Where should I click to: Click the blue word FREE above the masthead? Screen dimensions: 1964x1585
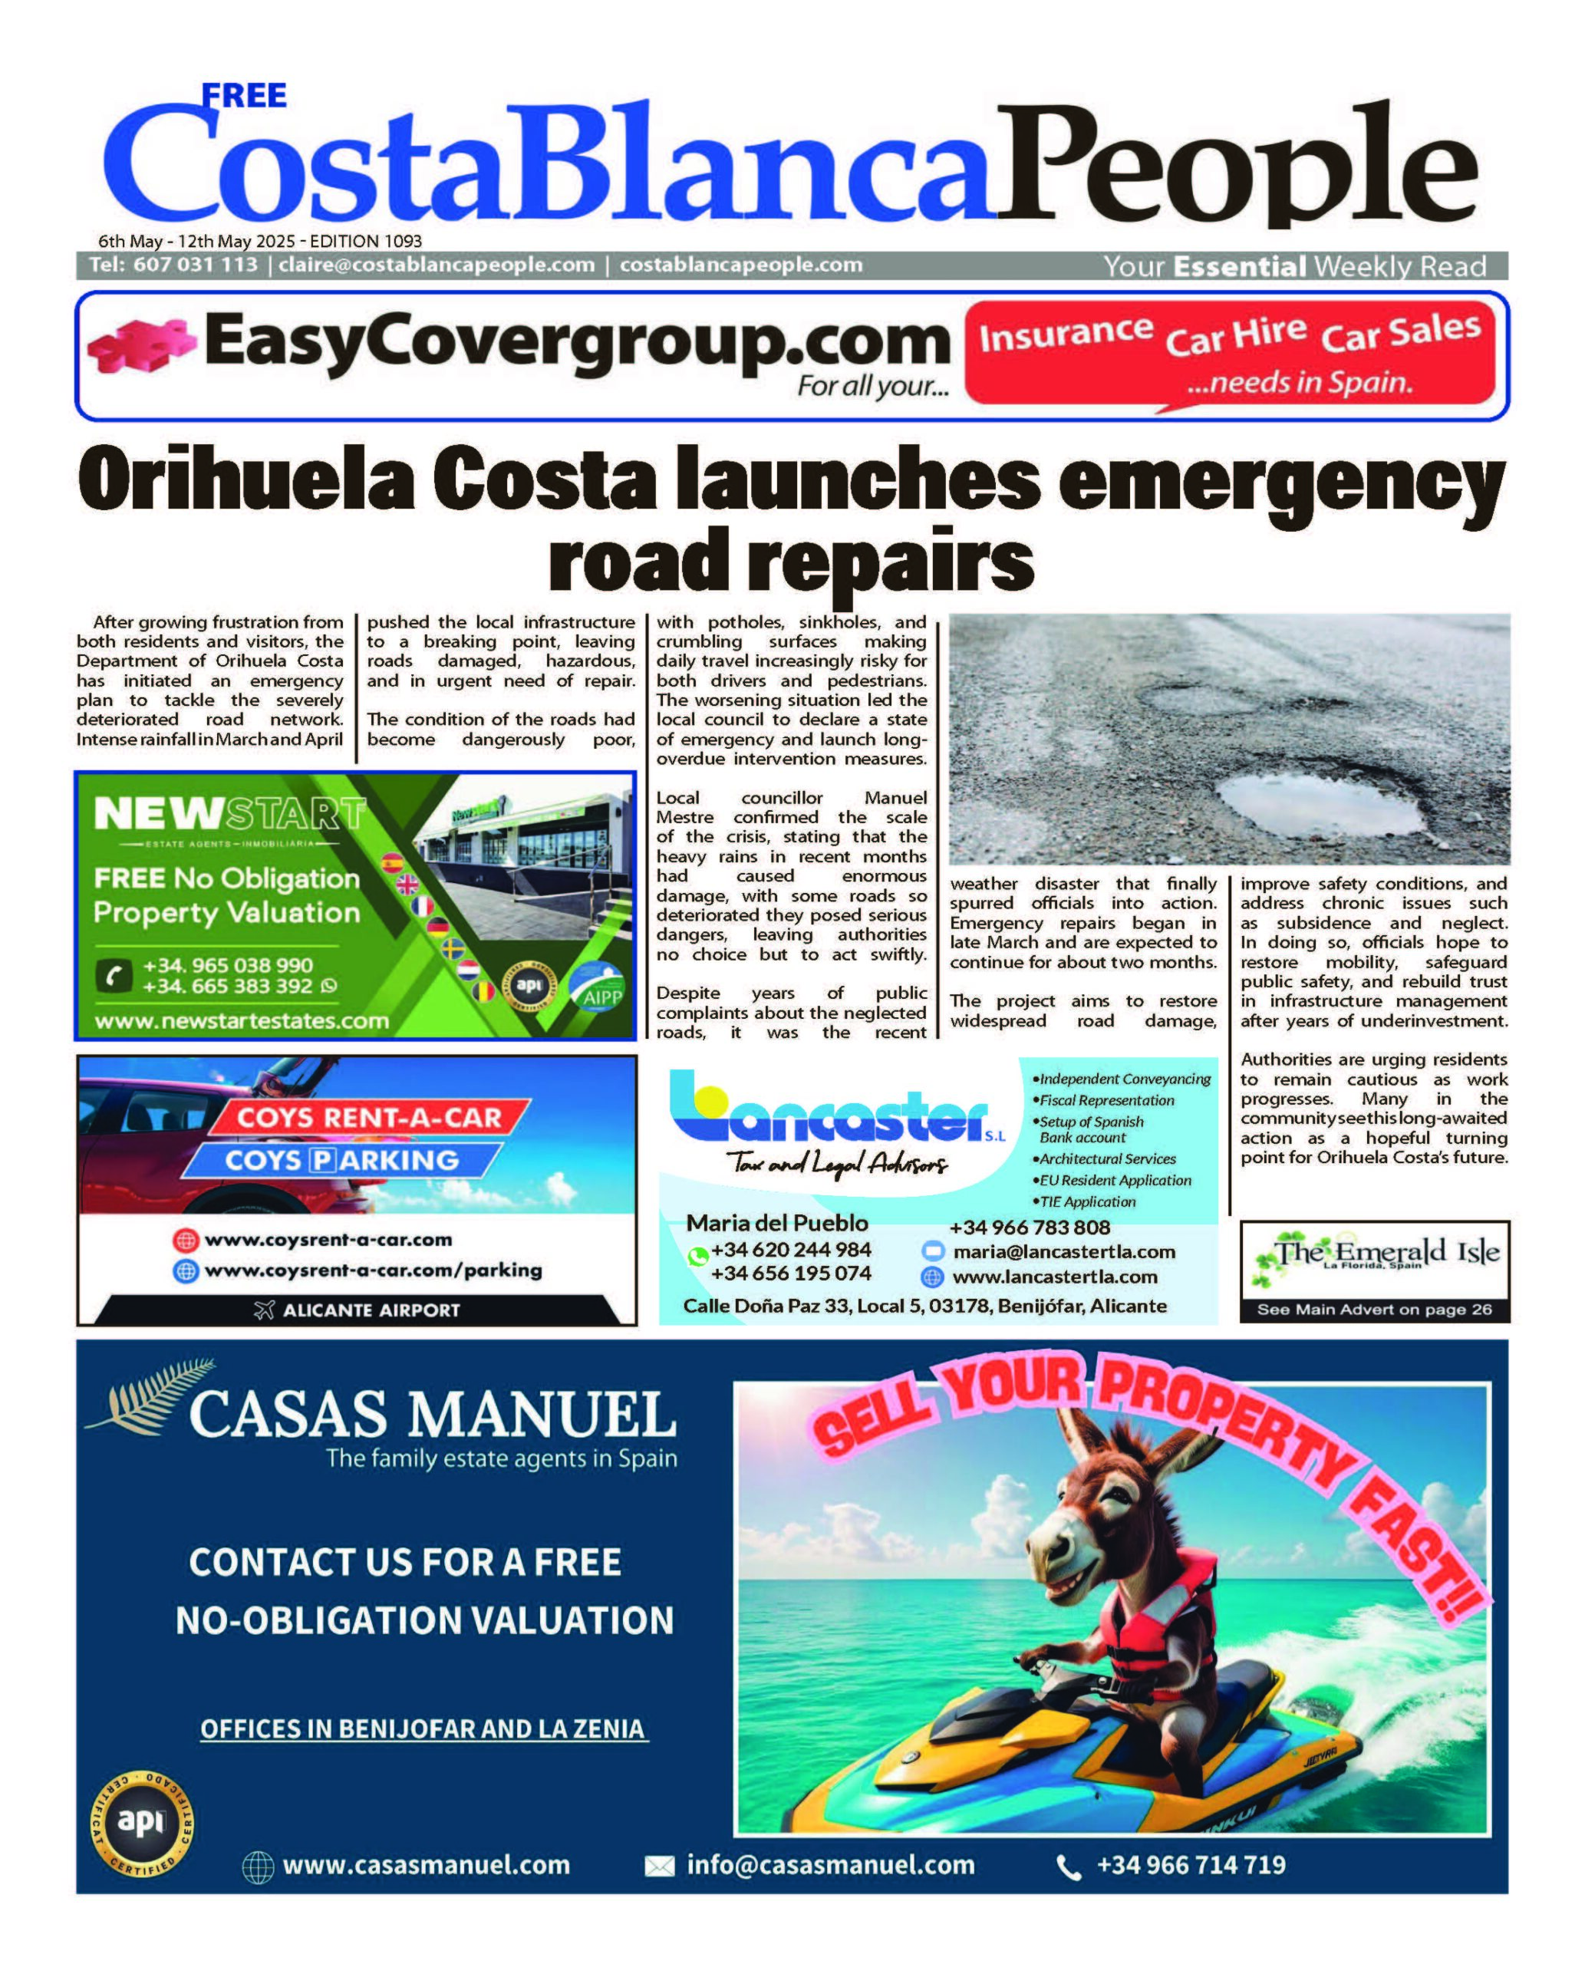244,95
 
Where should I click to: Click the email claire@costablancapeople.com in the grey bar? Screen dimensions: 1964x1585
437,265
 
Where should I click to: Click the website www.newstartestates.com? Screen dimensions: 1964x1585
242,1021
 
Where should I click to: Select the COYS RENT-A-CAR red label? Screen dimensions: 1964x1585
369,1118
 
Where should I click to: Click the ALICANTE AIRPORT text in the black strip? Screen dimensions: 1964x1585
370,1310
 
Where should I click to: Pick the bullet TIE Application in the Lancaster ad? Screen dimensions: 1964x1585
1086,1201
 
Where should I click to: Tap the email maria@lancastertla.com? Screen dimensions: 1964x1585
1063,1252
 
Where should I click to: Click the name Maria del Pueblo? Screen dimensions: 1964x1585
777,1224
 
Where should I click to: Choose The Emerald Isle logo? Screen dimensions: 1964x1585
1374,1254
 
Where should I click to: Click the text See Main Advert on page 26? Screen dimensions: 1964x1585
1374,1310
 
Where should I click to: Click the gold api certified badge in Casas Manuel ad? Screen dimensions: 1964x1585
141,1823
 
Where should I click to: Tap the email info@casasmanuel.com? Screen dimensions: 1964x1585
830,1864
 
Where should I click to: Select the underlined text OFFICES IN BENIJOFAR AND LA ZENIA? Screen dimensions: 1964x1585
423,1728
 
